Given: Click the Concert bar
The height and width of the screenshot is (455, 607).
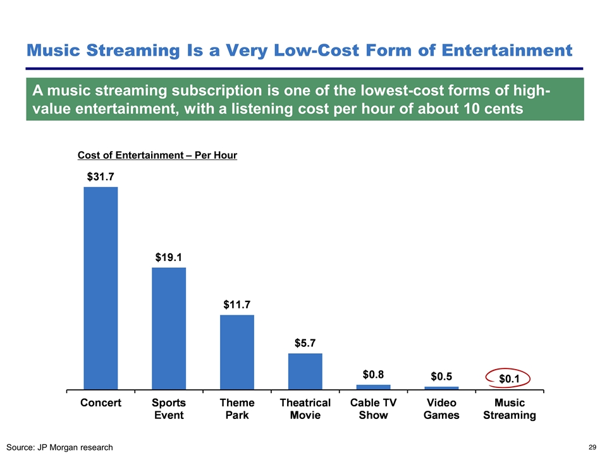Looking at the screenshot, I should (101, 288).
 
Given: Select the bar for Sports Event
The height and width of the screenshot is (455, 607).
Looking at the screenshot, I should (169, 328).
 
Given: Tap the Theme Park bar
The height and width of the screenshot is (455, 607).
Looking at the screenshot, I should (236, 351).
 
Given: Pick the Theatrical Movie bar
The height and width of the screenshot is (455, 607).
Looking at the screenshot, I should (305, 371).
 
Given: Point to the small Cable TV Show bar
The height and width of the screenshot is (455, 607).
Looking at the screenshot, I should (373, 387).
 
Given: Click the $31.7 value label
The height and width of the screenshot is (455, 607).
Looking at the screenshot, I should (101, 177).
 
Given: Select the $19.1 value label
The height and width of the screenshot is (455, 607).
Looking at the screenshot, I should (169, 258).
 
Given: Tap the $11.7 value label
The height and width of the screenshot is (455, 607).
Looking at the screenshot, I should (236, 305).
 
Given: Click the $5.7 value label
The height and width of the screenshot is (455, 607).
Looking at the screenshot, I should (306, 343).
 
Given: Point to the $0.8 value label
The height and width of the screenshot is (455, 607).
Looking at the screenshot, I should (373, 373).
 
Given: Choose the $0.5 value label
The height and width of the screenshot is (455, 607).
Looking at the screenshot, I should (441, 376).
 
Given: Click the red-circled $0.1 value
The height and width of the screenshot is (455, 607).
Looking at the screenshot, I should (510, 379).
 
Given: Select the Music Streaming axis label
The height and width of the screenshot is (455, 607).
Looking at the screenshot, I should (510, 409).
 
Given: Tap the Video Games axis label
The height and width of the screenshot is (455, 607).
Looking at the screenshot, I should (441, 409).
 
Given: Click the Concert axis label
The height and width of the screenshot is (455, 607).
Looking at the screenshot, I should (101, 403).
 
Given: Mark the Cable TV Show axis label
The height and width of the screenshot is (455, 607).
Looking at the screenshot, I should (373, 409).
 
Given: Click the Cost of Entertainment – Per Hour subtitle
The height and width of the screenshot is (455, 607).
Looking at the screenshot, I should (157, 155).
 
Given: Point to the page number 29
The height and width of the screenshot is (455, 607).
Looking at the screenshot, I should (592, 447).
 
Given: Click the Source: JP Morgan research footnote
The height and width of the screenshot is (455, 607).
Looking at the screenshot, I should (61, 447).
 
